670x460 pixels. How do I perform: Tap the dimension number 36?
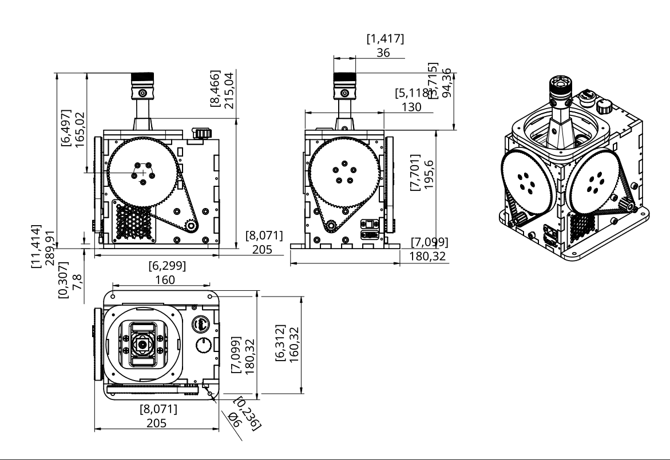pyautogui.click(x=384, y=52)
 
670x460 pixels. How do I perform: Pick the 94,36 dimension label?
pyautogui.click(x=447, y=83)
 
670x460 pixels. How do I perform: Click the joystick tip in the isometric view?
pyautogui.click(x=560, y=85)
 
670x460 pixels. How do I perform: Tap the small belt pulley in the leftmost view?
pyautogui.click(x=191, y=226)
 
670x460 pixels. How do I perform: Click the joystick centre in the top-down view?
pyautogui.click(x=141, y=345)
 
